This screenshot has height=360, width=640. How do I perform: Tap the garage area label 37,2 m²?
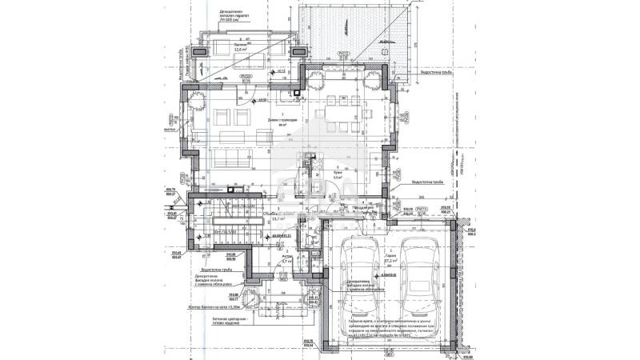coord(391,261)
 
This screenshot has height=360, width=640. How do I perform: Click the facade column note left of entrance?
coord(215,282)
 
